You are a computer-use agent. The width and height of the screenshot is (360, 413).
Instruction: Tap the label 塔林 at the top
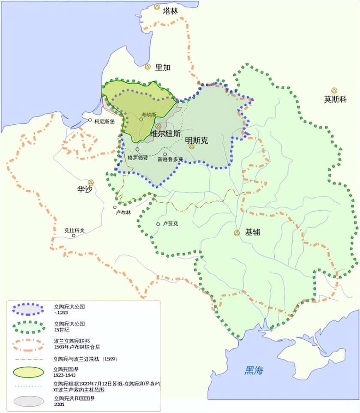pyautogui.click(x=170, y=12)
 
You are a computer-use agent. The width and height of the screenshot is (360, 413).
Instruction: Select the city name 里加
pyautogui.click(x=163, y=68)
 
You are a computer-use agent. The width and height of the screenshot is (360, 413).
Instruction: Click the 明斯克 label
pyautogui.click(x=197, y=140)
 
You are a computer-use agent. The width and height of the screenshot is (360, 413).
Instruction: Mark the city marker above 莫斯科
pyautogui.click(x=334, y=90)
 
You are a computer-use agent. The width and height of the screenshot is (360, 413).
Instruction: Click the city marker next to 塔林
pyautogui.click(x=157, y=7)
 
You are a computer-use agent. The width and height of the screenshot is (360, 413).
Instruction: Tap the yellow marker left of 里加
pyautogui.click(x=148, y=67)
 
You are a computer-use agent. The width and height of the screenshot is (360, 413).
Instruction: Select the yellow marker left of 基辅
pyautogui.click(x=237, y=233)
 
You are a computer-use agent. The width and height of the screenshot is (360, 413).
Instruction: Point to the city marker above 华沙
pyautogui.click(x=91, y=182)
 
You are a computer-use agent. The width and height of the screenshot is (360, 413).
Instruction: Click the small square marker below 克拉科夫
pyautogui.click(x=74, y=236)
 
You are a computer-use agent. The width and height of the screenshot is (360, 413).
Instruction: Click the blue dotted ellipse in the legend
pyautogui.click(x=28, y=309)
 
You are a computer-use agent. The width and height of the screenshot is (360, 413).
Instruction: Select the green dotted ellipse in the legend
pyautogui.click(x=28, y=326)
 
